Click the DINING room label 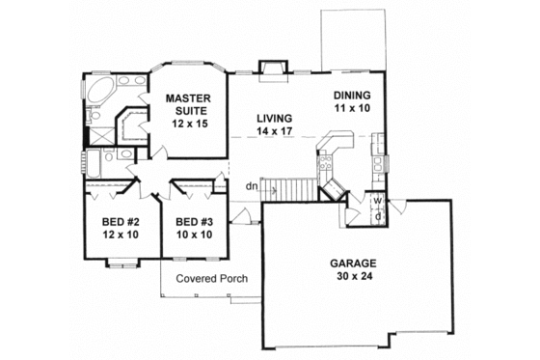coord(353,95)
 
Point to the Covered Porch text coord(211,279)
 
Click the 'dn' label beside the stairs coord(251,186)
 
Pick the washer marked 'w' coord(378,202)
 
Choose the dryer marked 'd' coord(378,214)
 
